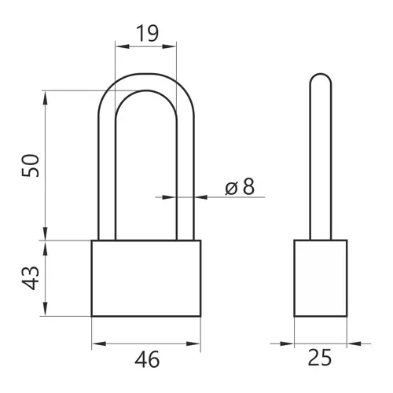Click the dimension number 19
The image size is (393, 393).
148,34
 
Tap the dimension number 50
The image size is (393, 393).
31,166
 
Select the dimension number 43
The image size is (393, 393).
31,278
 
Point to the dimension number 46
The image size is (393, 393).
147,359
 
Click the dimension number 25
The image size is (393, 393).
320,358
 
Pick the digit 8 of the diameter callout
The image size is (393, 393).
248,186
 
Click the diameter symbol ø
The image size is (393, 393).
231,188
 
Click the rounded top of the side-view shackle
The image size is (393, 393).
321,74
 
